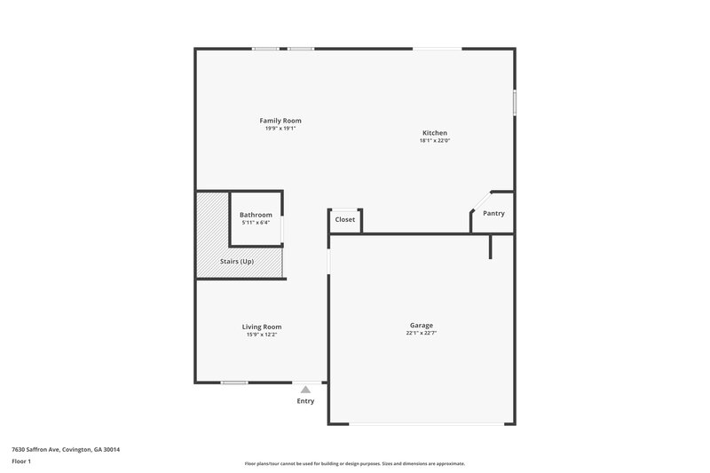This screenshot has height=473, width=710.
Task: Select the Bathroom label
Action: [x=256, y=215]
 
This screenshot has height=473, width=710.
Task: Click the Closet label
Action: [x=345, y=219]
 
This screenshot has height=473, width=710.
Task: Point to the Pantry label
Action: [x=493, y=214]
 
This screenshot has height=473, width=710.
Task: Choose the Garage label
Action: [x=422, y=326]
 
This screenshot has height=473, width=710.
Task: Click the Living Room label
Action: [x=262, y=327]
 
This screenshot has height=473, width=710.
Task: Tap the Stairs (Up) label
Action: [x=237, y=262]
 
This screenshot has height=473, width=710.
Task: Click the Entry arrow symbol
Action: [x=305, y=389]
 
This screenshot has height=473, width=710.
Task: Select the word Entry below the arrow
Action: [x=305, y=401]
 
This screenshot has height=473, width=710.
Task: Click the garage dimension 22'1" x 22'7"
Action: [x=422, y=334]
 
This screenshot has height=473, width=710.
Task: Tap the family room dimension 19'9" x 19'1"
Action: [x=280, y=128]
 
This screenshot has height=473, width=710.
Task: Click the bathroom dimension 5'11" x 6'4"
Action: [x=256, y=222]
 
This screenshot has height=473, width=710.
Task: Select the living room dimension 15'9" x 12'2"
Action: [x=262, y=335]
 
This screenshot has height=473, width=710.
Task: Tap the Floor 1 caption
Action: [x=22, y=462]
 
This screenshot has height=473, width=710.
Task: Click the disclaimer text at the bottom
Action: [x=354, y=463]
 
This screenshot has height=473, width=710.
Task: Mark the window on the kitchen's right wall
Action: [x=515, y=101]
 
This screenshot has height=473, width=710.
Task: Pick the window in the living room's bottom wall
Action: [x=234, y=382]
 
